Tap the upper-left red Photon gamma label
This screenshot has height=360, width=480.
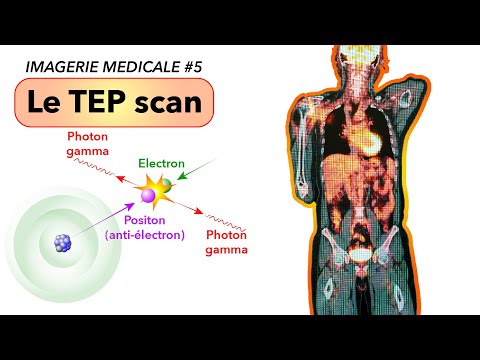tap(87, 143)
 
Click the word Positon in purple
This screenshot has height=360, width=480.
tap(146, 220)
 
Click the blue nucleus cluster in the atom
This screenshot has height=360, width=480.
tap(63, 242)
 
